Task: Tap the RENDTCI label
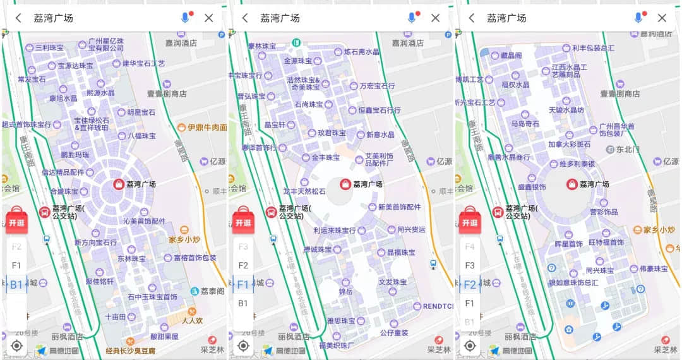[x=438, y=306]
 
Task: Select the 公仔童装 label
[x=393, y=332]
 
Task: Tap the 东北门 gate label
[x=628, y=150]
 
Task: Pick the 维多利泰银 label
[x=577, y=164]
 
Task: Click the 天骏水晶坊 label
[x=566, y=109]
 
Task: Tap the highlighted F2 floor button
[x=469, y=284]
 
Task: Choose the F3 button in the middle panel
[x=243, y=246]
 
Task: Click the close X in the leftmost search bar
[x=209, y=18]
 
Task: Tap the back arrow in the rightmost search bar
[x=471, y=18]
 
